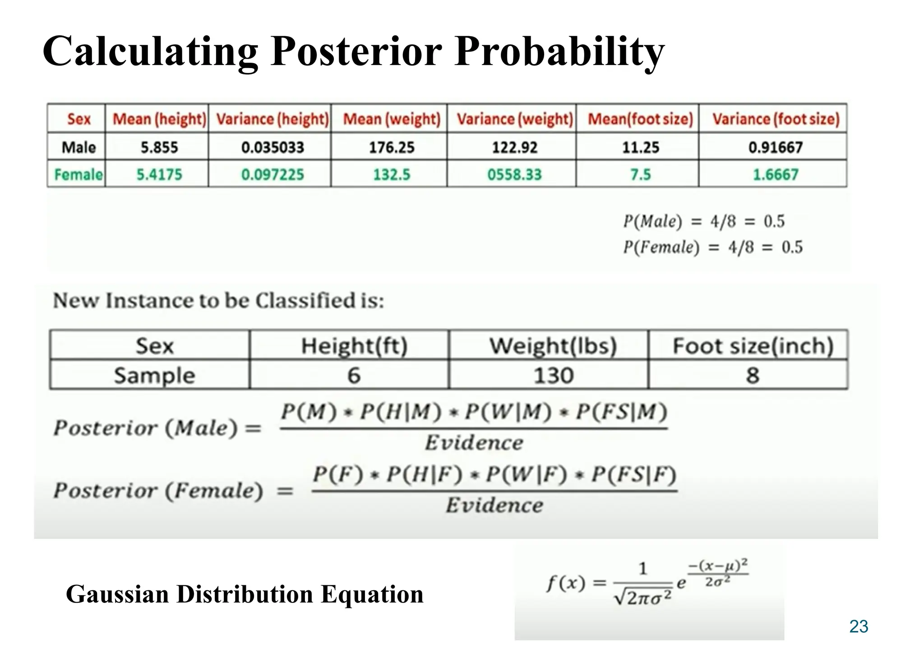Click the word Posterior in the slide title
point(356,51)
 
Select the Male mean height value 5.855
point(159,147)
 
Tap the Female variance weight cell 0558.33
point(514,175)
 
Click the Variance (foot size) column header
point(776,119)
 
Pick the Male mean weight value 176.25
point(391,147)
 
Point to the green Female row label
point(78,175)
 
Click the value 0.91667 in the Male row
point(775,147)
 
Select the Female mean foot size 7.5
point(640,175)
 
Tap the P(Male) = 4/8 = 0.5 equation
point(704,221)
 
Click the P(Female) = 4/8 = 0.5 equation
point(713,247)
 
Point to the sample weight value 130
point(553,375)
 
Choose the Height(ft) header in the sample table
point(354,346)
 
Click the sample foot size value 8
point(752,375)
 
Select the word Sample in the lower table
point(154,375)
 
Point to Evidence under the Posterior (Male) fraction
point(474,442)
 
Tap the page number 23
point(858,626)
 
